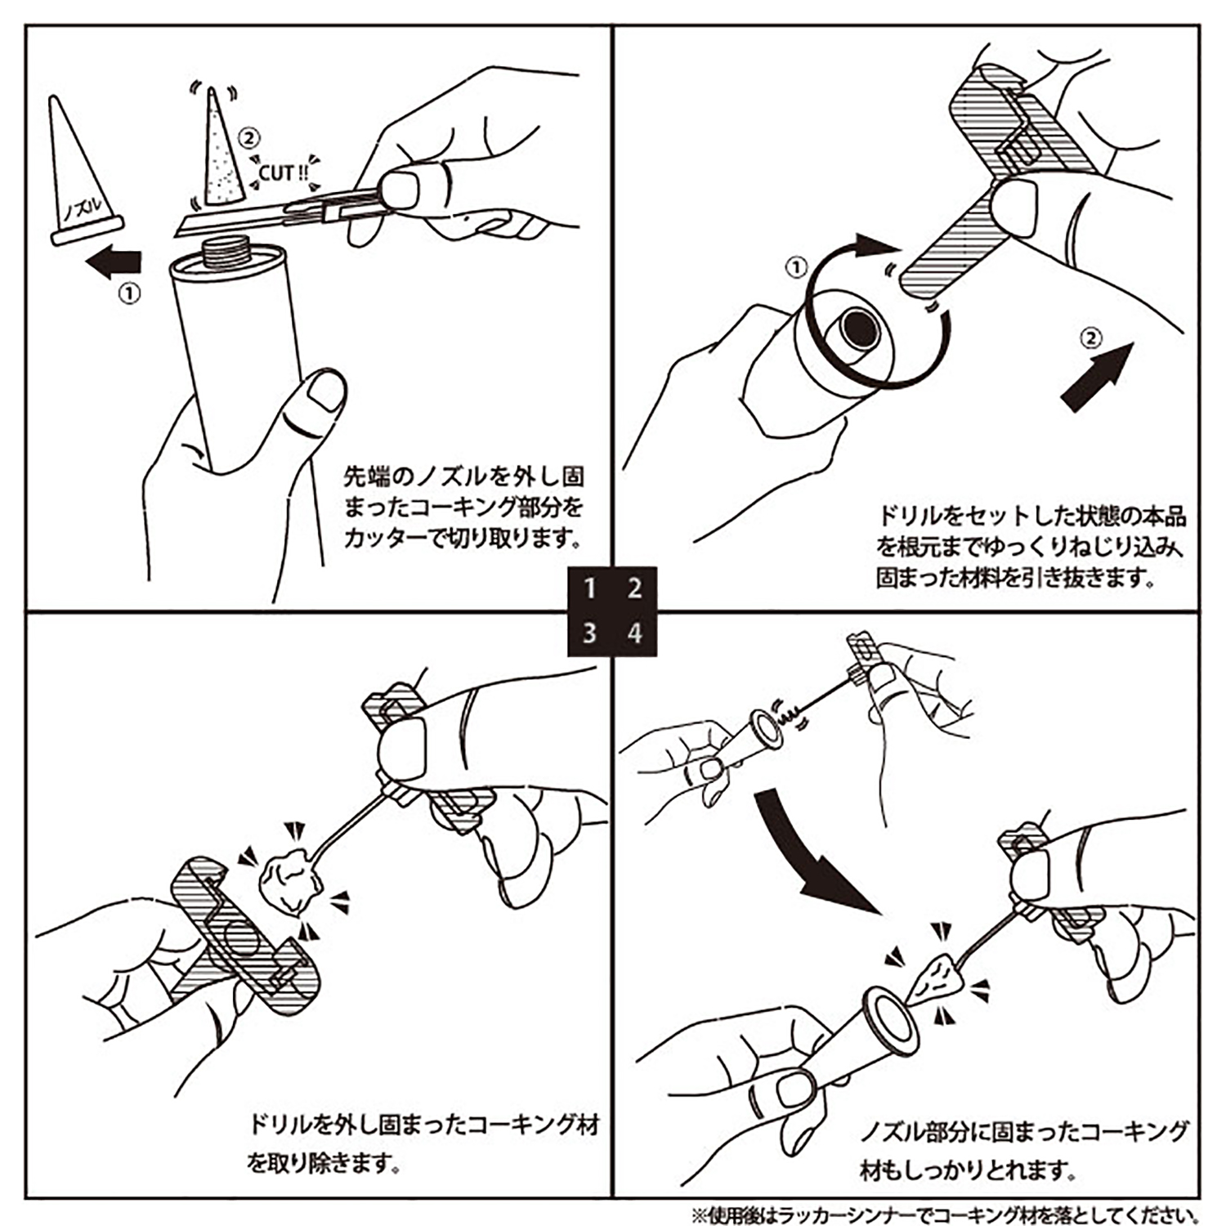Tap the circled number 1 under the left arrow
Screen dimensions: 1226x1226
130,293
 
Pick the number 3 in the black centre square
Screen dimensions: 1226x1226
590,633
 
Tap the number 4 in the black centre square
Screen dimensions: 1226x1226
634,633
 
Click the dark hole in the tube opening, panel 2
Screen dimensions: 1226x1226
858,328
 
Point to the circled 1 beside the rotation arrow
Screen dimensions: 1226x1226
796,267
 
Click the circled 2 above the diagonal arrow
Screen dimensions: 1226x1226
1091,337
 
